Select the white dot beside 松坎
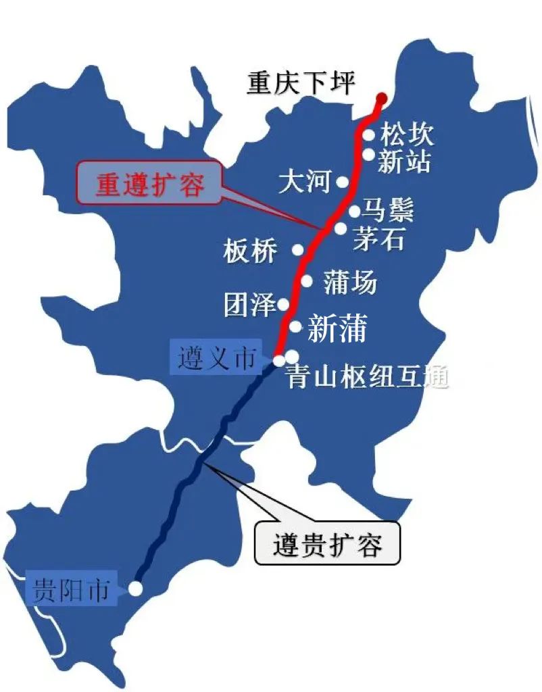click(x=369, y=134)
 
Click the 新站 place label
click(x=403, y=162)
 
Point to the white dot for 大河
click(x=343, y=182)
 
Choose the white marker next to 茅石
click(x=341, y=228)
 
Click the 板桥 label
click(x=250, y=251)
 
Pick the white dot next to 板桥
click(x=297, y=250)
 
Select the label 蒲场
click(x=349, y=282)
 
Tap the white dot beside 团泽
click(x=284, y=305)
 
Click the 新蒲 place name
click(x=337, y=329)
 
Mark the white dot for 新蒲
click(x=295, y=327)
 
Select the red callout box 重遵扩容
click(x=150, y=183)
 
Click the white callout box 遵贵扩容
click(x=328, y=543)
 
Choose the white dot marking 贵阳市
click(x=136, y=589)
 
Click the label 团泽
click(x=250, y=305)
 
